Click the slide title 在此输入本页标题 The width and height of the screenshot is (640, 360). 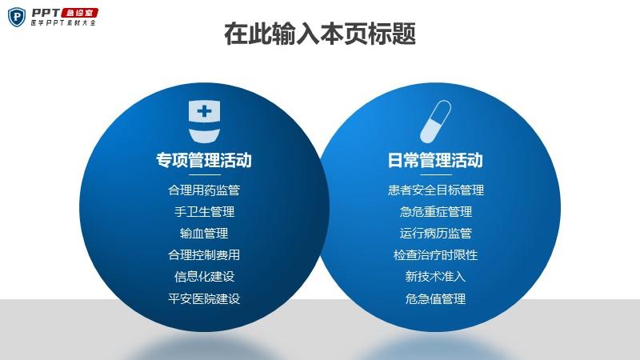[320, 34]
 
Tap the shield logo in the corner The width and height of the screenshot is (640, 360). [17, 17]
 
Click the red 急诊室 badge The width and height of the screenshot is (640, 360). [79, 13]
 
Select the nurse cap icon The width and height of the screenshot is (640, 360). [204, 122]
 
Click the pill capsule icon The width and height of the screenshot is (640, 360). [435, 122]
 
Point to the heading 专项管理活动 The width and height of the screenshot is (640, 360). [204, 160]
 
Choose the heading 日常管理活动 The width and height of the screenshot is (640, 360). [435, 160]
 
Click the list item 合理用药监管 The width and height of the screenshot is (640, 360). [204, 190]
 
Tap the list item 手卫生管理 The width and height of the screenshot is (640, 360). [204, 212]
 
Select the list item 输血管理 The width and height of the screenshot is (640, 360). [204, 234]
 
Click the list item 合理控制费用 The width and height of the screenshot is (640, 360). [204, 255]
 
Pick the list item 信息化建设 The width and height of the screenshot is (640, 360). [204, 277]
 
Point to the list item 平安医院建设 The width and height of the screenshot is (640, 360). [204, 298]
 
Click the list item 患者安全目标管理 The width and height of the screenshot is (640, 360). [435, 190]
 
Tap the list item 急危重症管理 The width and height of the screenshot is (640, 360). [435, 212]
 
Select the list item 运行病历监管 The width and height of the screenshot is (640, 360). [435, 234]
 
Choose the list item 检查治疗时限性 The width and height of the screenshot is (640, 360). [435, 255]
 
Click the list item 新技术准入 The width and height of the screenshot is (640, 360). [435, 277]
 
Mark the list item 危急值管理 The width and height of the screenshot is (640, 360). [435, 298]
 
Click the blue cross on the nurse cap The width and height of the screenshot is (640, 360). [204, 111]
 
